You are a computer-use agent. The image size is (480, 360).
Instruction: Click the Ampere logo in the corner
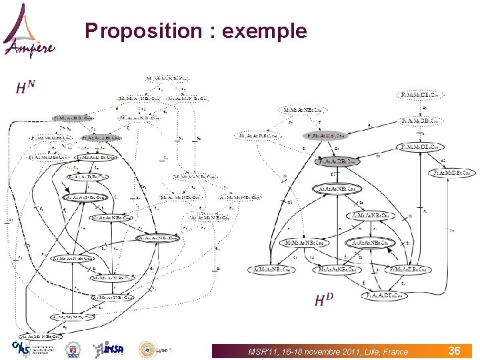click(x=28, y=30)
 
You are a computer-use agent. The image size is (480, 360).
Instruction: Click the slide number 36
click(x=454, y=351)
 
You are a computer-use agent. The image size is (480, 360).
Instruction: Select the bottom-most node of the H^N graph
click(x=41, y=337)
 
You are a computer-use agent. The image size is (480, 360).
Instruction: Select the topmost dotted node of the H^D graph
click(x=420, y=95)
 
